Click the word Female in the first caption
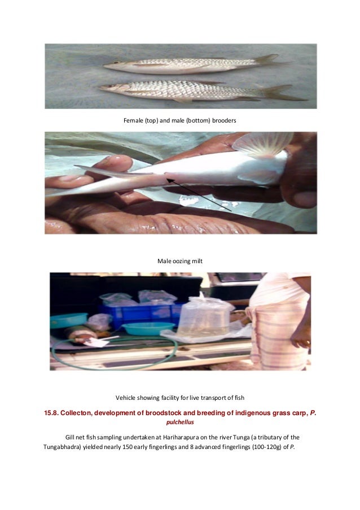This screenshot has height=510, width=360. (x=134, y=121)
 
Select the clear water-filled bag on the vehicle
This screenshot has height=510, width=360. (x=205, y=319)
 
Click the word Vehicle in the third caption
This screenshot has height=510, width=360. (x=127, y=397)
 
